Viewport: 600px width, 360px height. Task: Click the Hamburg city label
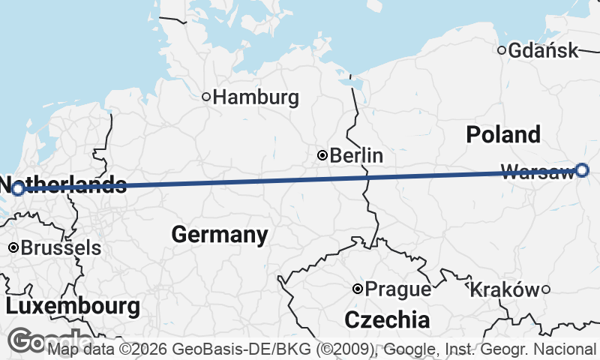tap(255, 97)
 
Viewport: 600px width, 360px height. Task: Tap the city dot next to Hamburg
tap(206, 96)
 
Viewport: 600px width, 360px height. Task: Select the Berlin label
tap(356, 156)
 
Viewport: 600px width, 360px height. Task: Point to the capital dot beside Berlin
tap(322, 155)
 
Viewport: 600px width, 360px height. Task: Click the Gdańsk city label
tap(543, 51)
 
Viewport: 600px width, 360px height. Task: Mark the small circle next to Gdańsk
tap(502, 50)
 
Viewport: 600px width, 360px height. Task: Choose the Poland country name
tap(502, 135)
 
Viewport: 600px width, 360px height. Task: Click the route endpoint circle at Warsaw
tap(583, 170)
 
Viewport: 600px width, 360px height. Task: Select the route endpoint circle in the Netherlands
tap(17, 188)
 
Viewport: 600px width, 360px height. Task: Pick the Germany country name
tap(219, 235)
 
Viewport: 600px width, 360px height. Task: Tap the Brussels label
tap(61, 247)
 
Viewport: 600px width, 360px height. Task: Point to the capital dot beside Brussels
tap(13, 247)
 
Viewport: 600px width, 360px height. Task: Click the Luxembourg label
tap(73, 306)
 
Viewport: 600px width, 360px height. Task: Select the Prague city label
tap(398, 289)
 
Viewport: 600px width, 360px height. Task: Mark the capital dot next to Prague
tap(358, 289)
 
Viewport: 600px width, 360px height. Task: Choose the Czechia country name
tap(387, 320)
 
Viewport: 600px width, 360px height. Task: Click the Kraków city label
tap(503, 289)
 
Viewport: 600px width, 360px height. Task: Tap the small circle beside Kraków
tap(546, 289)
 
